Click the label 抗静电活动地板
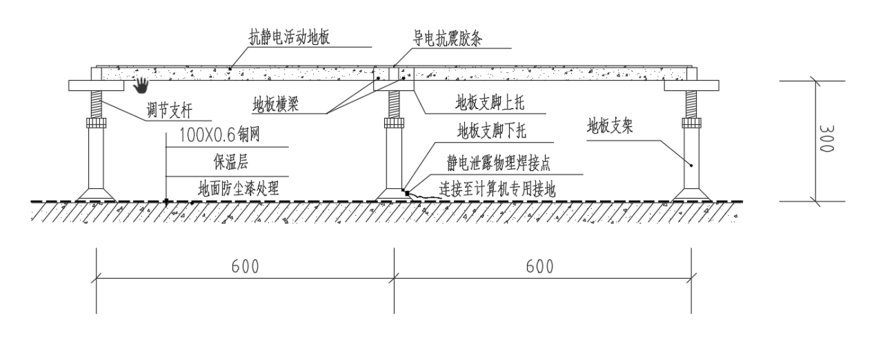point(290,37)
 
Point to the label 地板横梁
point(281,106)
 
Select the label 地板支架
point(610,126)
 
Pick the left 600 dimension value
point(245,266)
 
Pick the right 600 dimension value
point(542,266)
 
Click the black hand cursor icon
point(141,85)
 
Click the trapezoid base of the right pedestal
point(692,193)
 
